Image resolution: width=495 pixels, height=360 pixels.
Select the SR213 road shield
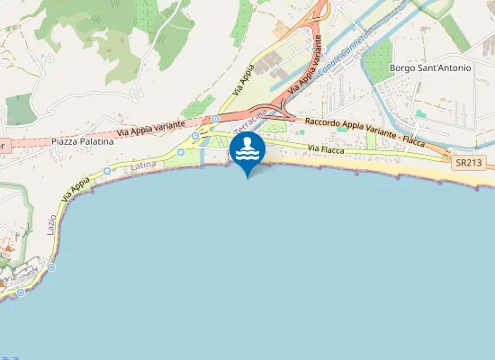(468, 162)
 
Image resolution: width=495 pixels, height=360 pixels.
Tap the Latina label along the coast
(143, 166)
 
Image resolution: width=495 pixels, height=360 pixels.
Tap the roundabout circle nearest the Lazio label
(51, 267)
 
